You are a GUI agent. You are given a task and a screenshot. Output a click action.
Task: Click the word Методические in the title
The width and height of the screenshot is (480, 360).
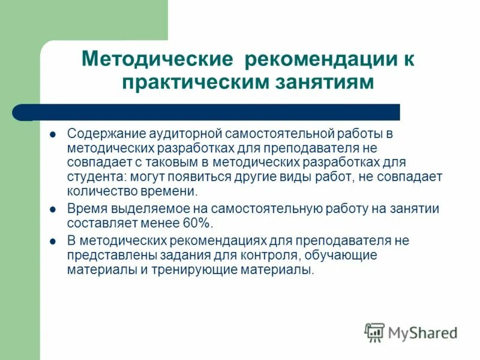click(157, 60)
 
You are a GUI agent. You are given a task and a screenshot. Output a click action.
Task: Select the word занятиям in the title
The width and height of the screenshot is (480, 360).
click(322, 82)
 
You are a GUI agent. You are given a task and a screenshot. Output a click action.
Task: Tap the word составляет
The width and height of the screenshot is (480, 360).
click(99, 224)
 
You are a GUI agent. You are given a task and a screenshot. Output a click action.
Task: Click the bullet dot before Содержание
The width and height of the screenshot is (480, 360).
click(52, 133)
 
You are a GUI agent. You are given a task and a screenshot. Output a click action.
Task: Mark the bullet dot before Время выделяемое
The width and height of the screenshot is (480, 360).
click(52, 209)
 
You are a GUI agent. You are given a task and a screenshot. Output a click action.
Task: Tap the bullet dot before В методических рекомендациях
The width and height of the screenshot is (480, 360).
click(52, 241)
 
